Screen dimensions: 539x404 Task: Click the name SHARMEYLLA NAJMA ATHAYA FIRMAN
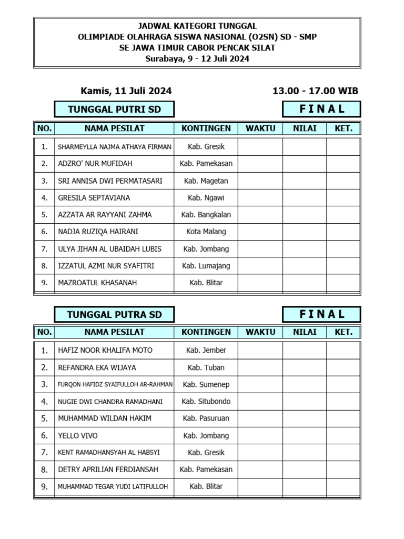click(114, 147)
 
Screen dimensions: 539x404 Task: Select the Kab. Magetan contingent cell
click(206, 181)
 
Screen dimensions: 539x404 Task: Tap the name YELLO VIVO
click(78, 435)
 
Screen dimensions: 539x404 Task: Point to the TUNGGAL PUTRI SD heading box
click(114, 109)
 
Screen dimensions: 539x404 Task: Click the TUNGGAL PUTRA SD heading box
click(114, 315)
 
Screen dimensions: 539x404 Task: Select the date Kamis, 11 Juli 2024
click(126, 91)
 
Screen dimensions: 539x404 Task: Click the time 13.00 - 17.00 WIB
click(315, 91)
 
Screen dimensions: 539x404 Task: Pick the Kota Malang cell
click(206, 232)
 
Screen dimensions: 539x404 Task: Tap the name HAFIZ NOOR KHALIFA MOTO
click(105, 350)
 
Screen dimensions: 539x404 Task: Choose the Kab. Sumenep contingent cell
click(206, 384)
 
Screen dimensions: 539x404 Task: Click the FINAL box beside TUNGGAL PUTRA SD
click(321, 315)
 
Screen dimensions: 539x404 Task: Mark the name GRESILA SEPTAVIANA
click(94, 198)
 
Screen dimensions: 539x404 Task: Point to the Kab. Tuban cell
click(206, 367)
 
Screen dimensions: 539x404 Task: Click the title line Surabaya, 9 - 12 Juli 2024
click(197, 59)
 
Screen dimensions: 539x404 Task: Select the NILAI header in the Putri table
click(304, 128)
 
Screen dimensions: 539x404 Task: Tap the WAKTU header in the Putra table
click(260, 332)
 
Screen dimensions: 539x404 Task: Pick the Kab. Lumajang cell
click(206, 266)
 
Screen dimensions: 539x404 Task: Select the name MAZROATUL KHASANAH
click(97, 283)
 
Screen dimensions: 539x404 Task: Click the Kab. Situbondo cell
click(206, 401)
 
